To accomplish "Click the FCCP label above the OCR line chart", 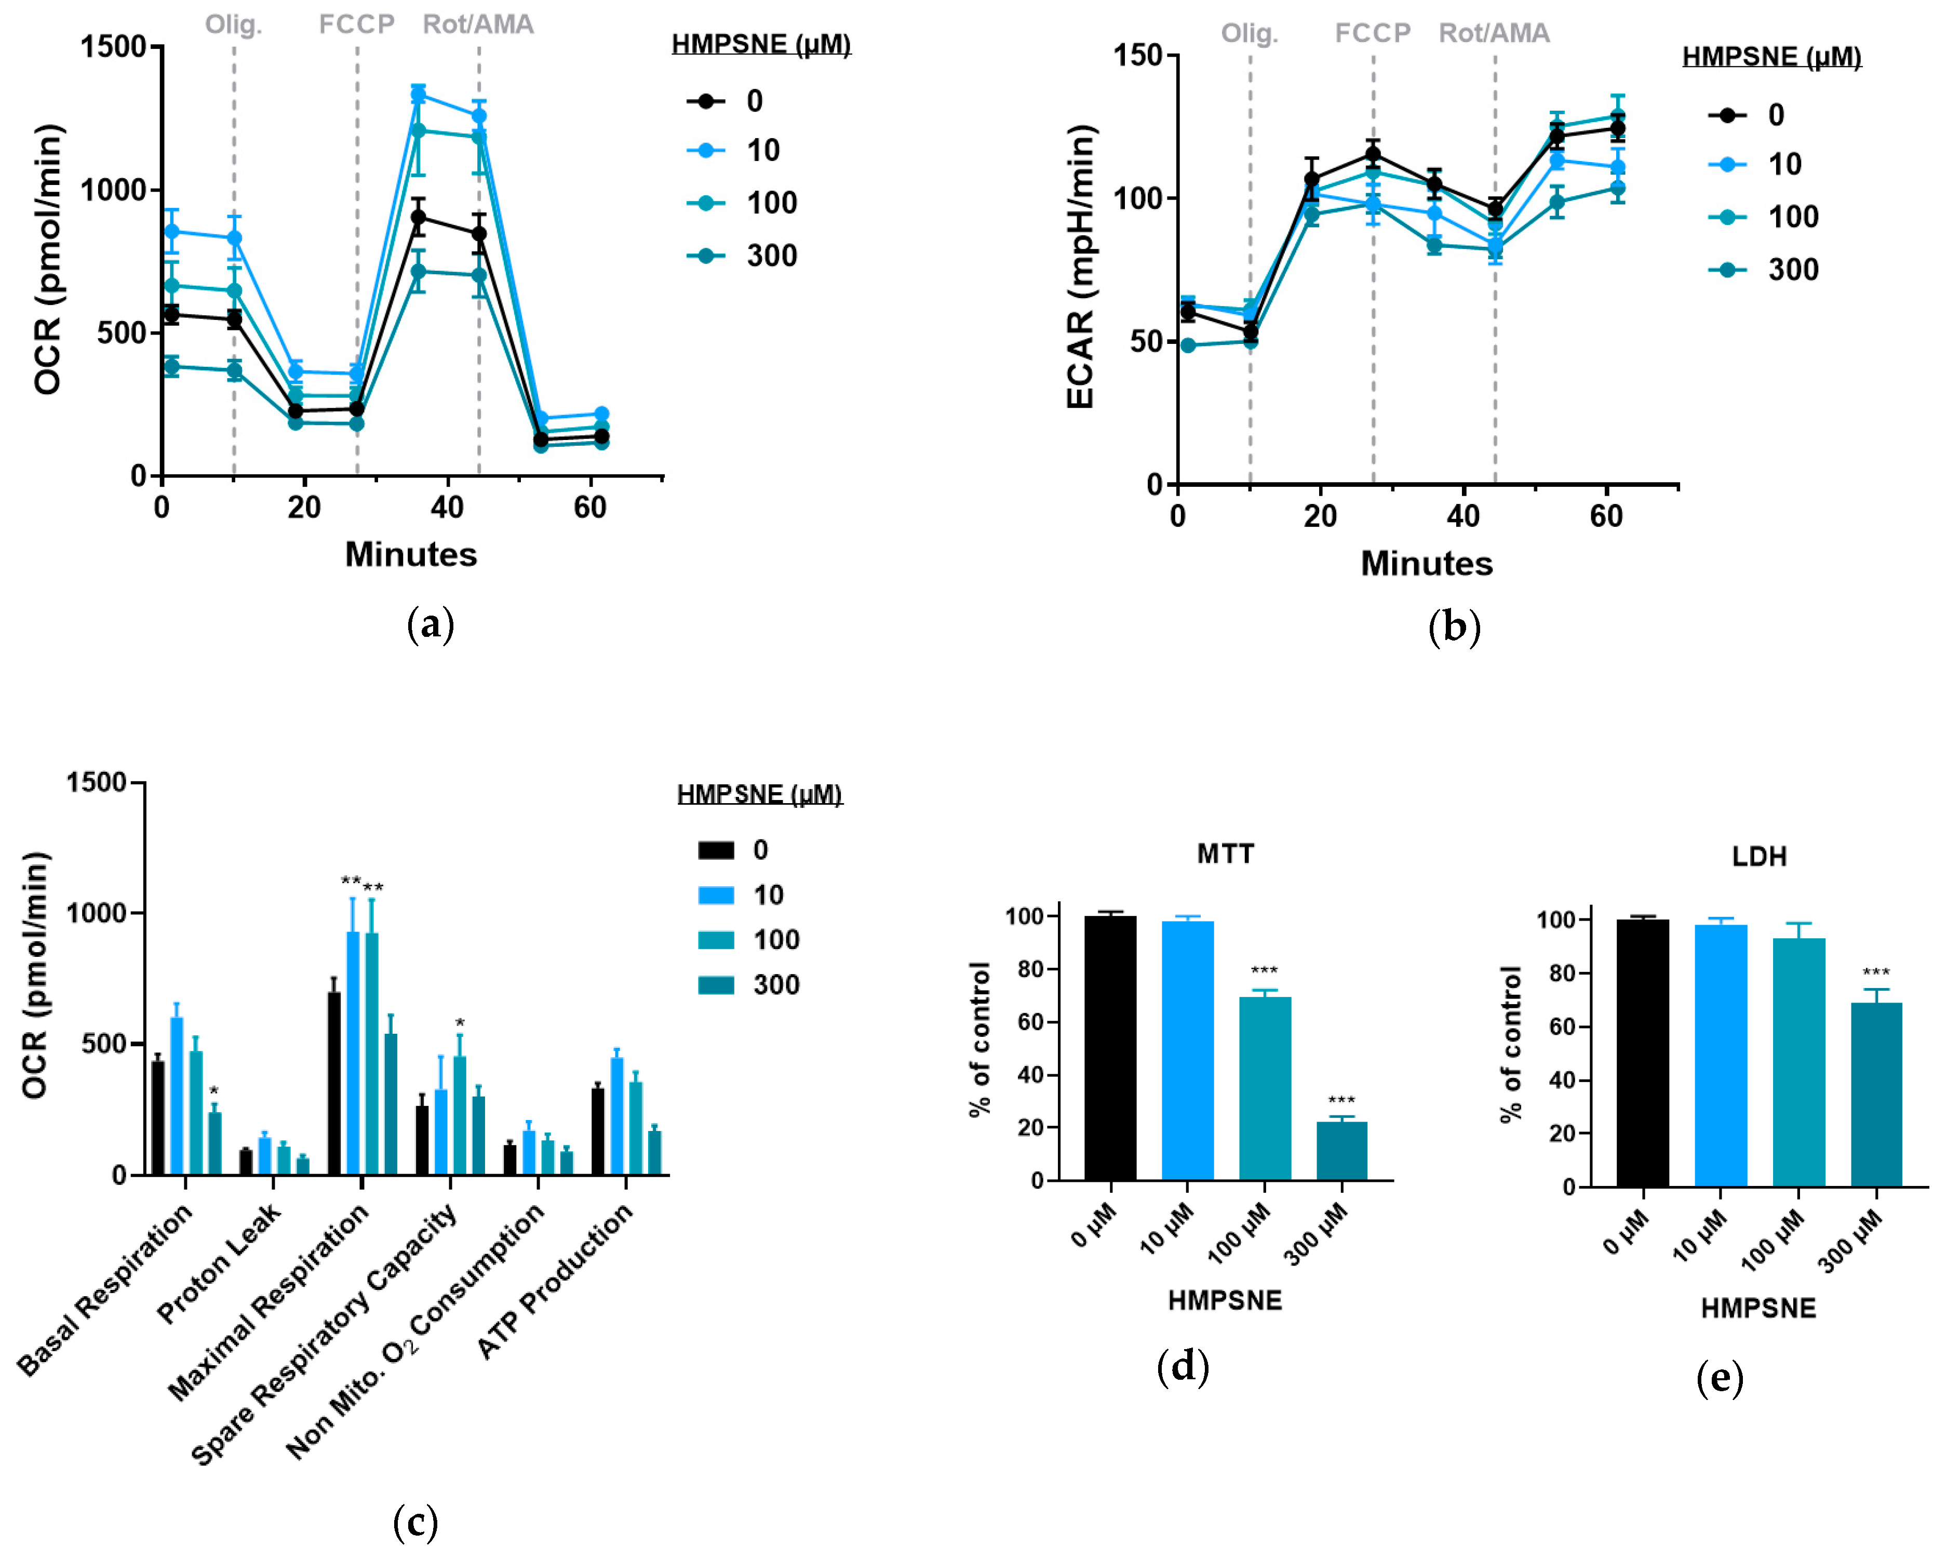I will click(x=357, y=24).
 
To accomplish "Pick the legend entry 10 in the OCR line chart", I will click(x=762, y=151).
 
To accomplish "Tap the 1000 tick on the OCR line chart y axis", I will click(x=113, y=190).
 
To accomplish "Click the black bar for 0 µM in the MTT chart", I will click(x=1110, y=1048).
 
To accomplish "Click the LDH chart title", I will click(x=1758, y=856).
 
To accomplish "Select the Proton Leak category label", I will click(x=220, y=1264).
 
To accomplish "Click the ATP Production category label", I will click(x=555, y=1283).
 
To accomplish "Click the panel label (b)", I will click(x=1454, y=627).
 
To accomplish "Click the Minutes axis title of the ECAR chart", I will click(x=1426, y=564).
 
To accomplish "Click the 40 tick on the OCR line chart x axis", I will click(x=447, y=508).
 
